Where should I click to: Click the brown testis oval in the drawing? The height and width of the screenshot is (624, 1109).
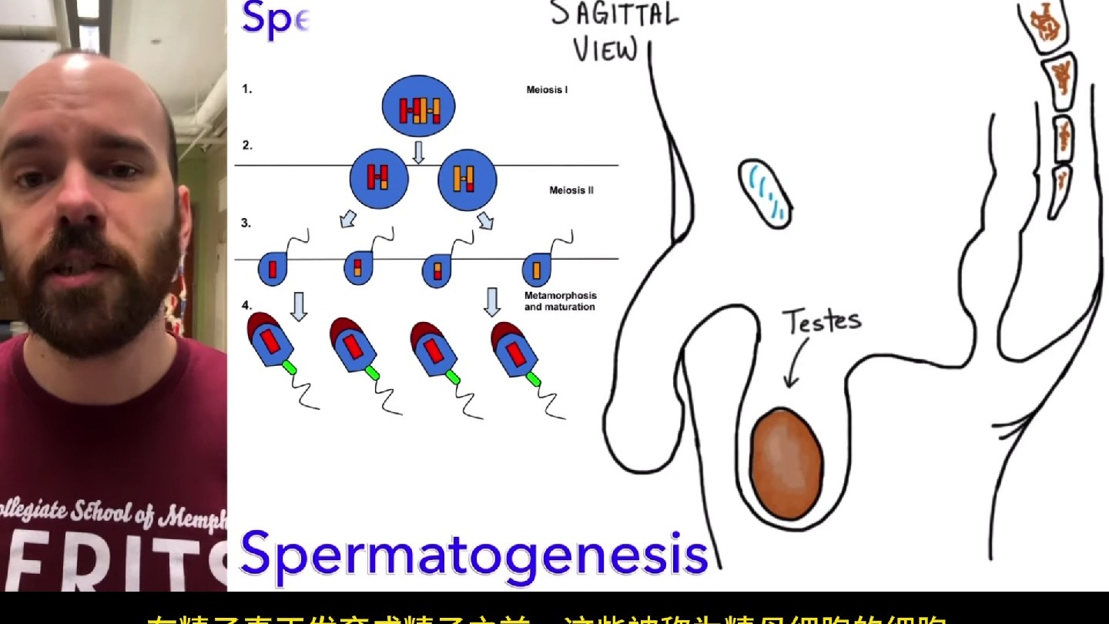(x=786, y=465)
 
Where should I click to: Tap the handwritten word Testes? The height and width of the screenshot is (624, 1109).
(x=821, y=320)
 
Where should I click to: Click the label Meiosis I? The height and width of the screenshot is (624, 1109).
(x=547, y=90)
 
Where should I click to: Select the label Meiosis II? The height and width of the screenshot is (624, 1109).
(x=571, y=190)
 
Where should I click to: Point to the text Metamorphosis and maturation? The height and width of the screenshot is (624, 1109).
(x=560, y=301)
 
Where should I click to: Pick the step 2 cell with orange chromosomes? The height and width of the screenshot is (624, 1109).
(x=466, y=179)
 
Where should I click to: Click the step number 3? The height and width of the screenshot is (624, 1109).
(x=246, y=223)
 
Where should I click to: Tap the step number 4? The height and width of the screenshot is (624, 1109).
(x=246, y=305)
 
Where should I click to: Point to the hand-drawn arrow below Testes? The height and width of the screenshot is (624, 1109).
(x=796, y=362)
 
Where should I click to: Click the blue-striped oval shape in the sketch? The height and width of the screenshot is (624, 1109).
(x=766, y=193)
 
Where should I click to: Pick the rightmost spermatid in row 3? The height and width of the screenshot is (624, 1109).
(x=536, y=270)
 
